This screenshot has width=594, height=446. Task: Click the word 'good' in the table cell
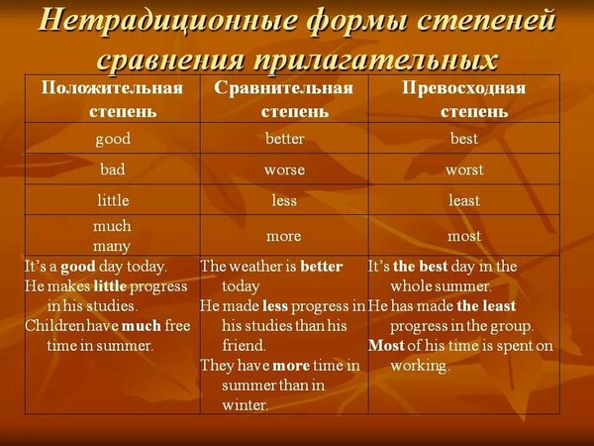point(113,139)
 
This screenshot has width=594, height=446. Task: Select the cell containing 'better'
point(284,138)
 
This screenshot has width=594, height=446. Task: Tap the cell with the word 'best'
point(464,138)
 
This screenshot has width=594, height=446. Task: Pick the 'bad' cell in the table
point(113,168)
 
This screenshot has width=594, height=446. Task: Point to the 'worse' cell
point(284,169)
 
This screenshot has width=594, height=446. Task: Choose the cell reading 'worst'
point(464,169)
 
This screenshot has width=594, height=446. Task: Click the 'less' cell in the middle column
point(284,200)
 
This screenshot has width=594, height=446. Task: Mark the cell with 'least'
point(464,200)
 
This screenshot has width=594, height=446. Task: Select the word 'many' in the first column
point(112,247)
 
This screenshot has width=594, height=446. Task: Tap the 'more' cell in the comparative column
point(284,236)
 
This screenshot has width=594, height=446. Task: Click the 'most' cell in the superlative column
point(464,236)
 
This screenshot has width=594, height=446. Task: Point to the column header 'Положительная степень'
point(113,99)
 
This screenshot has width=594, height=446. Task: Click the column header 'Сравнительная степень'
point(284,99)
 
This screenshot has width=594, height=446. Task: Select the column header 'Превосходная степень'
point(464,99)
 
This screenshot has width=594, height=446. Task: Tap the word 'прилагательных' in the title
point(375,59)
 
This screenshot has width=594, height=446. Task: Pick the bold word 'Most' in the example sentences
point(386,346)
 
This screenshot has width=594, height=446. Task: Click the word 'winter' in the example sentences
point(244,405)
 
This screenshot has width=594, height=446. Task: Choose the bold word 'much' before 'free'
point(142,326)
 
